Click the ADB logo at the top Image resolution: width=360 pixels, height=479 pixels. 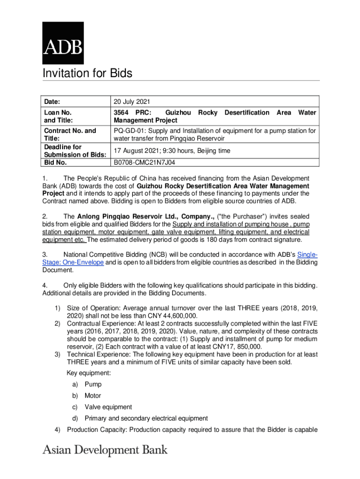[x=63, y=43]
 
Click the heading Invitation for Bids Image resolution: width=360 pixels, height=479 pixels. [x=87, y=73]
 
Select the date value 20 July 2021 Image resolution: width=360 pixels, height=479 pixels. [x=132, y=102]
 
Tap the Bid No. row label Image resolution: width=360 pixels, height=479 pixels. [x=55, y=163]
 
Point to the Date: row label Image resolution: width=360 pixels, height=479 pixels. [x=53, y=102]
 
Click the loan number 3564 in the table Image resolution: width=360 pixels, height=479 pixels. [x=122, y=113]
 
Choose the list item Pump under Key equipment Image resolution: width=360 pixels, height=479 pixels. [x=93, y=385]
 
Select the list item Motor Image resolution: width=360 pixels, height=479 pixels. [x=93, y=396]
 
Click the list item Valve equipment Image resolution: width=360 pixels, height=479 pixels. [x=108, y=407]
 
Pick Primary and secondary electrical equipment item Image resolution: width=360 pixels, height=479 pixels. [x=146, y=418]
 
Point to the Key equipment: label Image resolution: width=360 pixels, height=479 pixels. [x=89, y=373]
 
